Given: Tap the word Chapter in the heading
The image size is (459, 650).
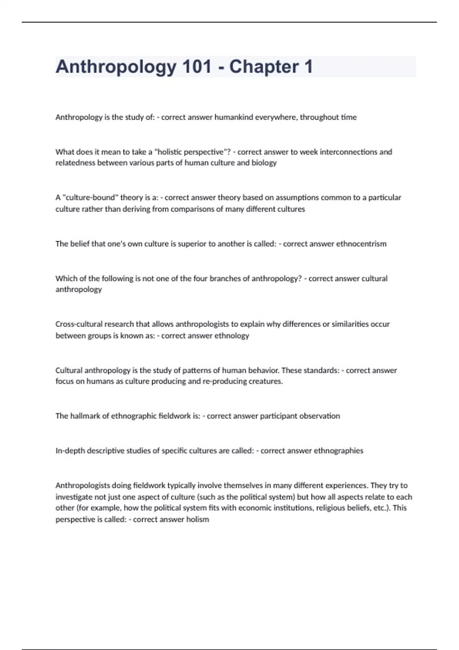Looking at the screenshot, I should click(264, 67).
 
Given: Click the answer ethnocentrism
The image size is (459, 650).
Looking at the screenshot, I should click(361, 244).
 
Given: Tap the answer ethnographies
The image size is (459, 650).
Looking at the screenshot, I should click(339, 451).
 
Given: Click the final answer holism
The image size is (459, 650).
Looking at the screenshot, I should click(197, 520).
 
